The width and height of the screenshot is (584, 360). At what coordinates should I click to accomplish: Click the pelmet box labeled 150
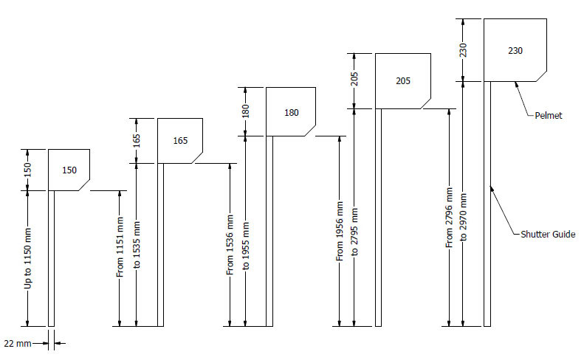[69, 170]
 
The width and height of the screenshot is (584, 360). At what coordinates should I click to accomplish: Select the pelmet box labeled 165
[180, 140]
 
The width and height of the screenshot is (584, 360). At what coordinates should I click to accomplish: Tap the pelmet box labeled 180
[292, 112]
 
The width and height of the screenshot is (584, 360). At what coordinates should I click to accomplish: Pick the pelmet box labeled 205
[402, 81]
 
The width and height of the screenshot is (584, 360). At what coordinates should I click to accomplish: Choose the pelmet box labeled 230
[515, 50]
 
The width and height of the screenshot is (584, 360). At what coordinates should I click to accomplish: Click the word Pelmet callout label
[549, 116]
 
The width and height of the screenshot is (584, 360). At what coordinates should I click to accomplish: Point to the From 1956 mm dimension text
[340, 231]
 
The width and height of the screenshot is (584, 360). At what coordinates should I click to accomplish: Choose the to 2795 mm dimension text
[355, 231]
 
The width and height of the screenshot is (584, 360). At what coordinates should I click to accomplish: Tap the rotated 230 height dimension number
[464, 50]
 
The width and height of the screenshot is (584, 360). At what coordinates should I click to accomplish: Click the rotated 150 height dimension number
[27, 170]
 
